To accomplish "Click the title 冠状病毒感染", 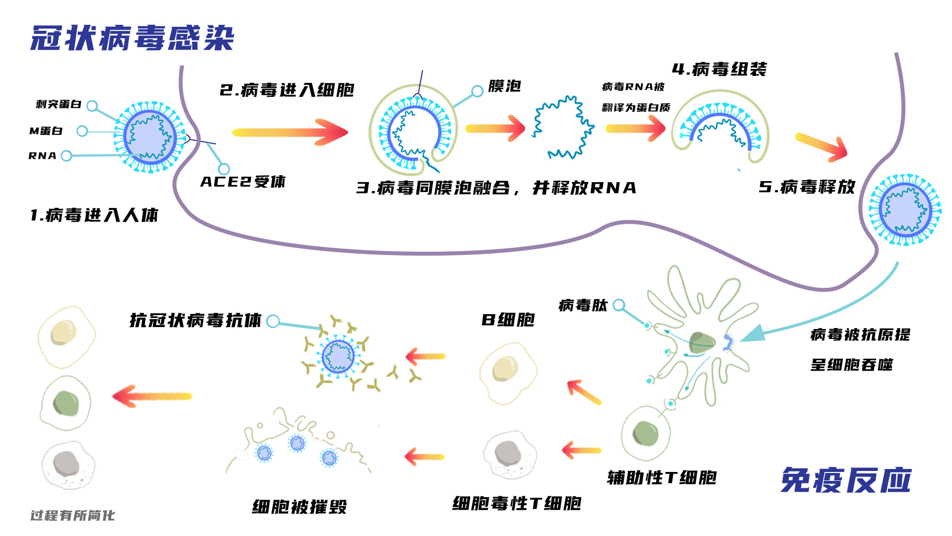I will click(x=132, y=38).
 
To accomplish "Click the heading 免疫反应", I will click(x=846, y=480).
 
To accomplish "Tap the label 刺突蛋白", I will click(x=59, y=104).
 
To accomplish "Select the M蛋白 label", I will click(x=46, y=131).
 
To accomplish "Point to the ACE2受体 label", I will click(x=243, y=182).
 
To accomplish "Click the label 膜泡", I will click(x=504, y=86).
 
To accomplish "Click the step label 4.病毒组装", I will click(x=719, y=69).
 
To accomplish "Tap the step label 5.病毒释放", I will click(x=807, y=187).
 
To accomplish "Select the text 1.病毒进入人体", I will click(x=94, y=215).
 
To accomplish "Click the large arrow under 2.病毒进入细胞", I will click(x=290, y=132).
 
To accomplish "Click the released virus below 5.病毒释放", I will click(x=905, y=209).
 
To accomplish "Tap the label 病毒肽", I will click(x=583, y=305).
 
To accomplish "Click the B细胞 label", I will click(x=508, y=320).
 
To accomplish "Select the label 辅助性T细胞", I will click(x=662, y=477).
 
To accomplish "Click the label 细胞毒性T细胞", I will click(x=517, y=503).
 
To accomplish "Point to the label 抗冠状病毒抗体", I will click(x=195, y=320).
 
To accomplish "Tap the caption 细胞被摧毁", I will click(x=299, y=507).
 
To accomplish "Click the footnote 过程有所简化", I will click(x=72, y=516).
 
